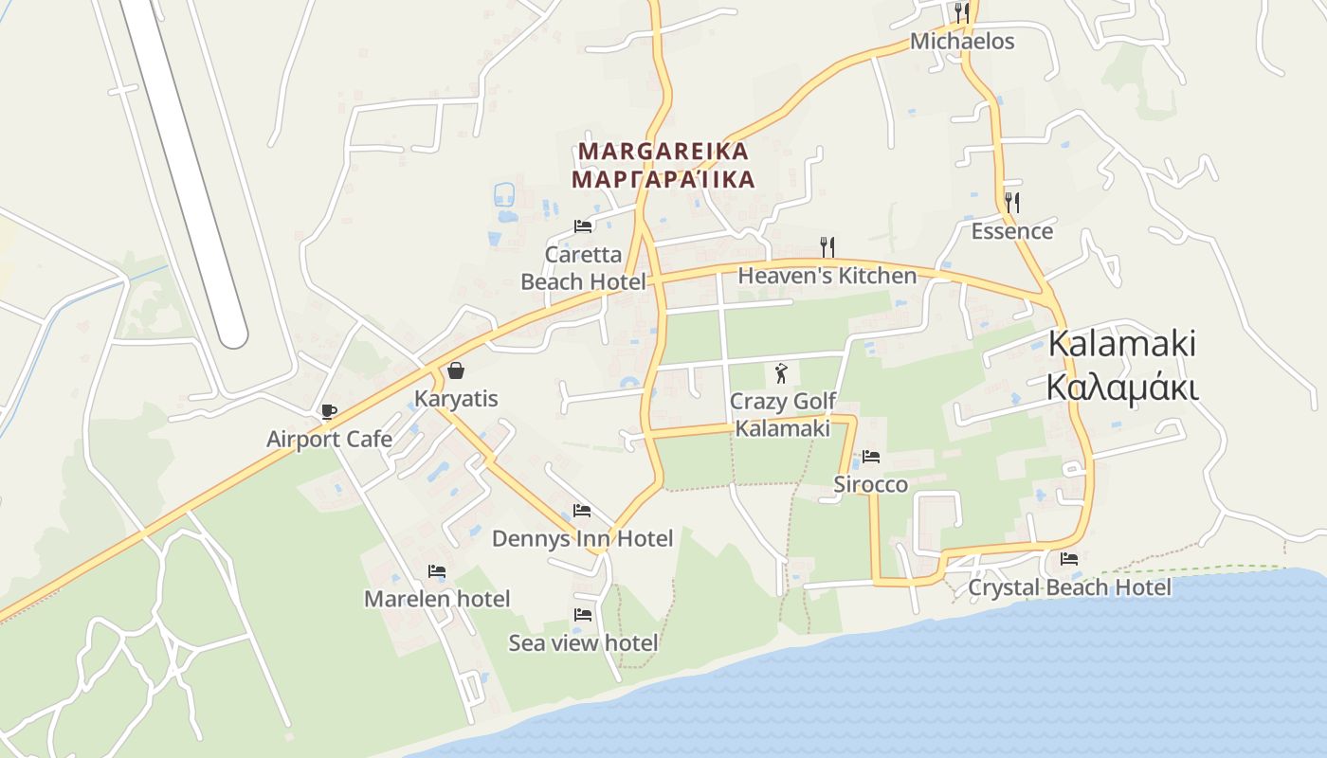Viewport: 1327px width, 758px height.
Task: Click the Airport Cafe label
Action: [329, 439]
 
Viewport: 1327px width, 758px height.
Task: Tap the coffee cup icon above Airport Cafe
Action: [328, 411]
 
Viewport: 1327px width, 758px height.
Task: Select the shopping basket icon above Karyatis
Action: [456, 370]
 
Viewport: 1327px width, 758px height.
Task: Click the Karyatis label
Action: [456, 398]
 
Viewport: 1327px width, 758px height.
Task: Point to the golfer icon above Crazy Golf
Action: [781, 372]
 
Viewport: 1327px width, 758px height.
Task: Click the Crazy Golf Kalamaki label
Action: [783, 415]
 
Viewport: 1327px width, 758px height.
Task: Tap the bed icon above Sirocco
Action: [871, 457]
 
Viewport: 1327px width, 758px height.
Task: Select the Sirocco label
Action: [870, 484]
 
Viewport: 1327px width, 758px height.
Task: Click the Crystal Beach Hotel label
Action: [1069, 587]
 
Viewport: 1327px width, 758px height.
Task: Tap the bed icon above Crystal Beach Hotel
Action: [1069, 559]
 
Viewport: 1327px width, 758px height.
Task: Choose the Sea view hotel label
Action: [583, 642]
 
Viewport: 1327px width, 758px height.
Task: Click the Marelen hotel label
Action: [437, 599]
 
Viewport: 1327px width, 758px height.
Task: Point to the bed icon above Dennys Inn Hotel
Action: [582, 511]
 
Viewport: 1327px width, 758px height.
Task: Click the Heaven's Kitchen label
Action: [827, 276]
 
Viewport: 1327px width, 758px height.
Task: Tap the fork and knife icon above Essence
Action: [1012, 202]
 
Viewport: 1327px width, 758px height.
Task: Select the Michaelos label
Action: [962, 42]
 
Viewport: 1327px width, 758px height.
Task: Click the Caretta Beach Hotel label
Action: [583, 268]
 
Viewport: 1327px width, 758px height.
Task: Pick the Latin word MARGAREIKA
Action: [663, 151]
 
